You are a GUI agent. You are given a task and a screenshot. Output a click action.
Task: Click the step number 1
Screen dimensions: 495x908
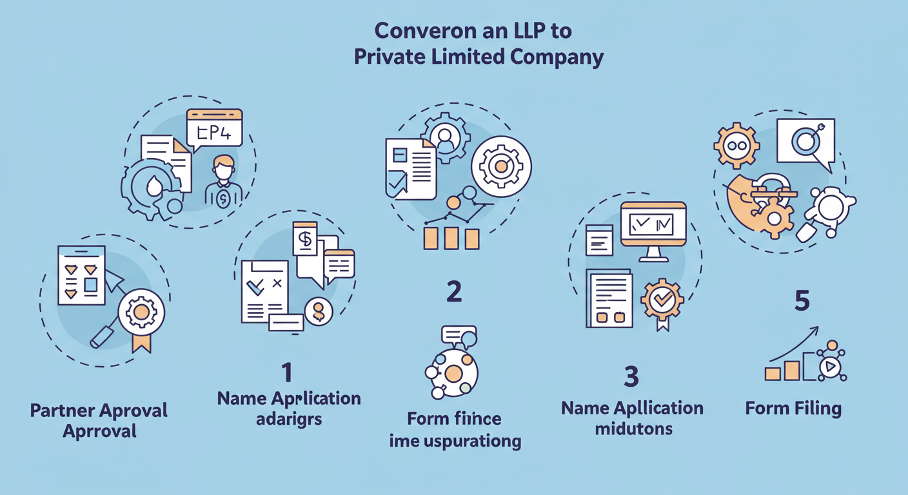(x=286, y=372)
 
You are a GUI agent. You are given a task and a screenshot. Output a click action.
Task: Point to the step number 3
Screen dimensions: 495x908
(x=631, y=377)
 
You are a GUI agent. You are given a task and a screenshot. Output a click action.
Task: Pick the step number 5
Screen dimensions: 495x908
(x=802, y=301)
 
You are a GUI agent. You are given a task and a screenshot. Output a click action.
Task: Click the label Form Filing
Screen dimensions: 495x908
(x=793, y=409)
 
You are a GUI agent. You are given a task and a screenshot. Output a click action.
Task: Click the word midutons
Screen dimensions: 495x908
(x=632, y=429)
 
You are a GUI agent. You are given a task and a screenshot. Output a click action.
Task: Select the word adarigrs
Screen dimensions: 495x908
(x=288, y=419)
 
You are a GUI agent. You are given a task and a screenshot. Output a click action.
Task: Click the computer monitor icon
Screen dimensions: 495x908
(x=653, y=229)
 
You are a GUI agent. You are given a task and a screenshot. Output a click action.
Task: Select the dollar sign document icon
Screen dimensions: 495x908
(x=305, y=240)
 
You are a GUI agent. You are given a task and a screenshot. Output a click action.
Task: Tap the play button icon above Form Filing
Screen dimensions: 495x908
(x=830, y=367)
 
